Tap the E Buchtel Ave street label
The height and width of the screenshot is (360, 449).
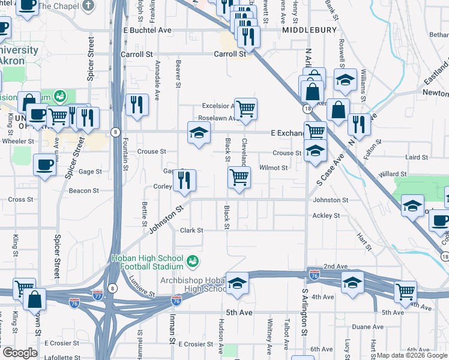pyautogui.click(x=147, y=30)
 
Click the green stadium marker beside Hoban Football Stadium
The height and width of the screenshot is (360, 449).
pyautogui.click(x=192, y=261)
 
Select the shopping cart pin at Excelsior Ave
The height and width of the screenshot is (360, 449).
pyautogui.click(x=246, y=109)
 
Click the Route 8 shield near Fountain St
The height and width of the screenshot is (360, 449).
pyautogui.click(x=113, y=131)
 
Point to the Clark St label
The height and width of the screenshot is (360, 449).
pyautogui.click(x=192, y=230)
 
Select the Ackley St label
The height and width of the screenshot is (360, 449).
pyautogui.click(x=326, y=215)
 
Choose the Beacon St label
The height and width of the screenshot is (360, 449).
pyautogui.click(x=84, y=191)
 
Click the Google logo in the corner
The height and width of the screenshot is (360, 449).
pyautogui.click(x=20, y=353)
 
